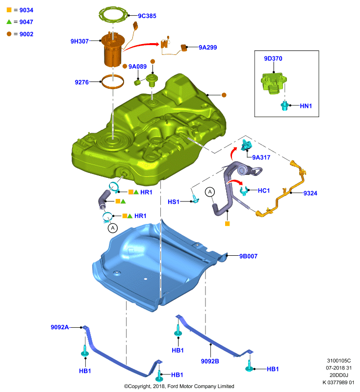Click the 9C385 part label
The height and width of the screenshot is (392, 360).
(x=147, y=16)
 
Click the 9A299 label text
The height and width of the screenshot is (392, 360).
(x=207, y=48)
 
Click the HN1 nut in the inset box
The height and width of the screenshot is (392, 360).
(x=284, y=106)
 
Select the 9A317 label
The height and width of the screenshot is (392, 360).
(x=261, y=157)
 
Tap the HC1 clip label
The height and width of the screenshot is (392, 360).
(x=264, y=191)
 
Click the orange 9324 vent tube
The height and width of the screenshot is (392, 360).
(x=291, y=192)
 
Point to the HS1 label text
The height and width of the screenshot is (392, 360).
(x=174, y=202)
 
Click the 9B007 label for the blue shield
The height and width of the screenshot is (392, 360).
(x=249, y=256)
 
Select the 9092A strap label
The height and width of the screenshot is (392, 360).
(x=60, y=327)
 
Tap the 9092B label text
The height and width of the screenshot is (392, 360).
(x=210, y=361)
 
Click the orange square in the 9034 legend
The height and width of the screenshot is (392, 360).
(x=9, y=10)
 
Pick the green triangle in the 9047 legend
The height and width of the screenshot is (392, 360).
(x=9, y=22)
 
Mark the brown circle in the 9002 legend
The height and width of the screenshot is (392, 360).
(x=9, y=34)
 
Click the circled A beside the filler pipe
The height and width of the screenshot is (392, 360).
(x=210, y=192)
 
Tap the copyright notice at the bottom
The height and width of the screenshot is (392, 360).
(x=179, y=386)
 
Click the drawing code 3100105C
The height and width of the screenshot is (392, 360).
(x=339, y=361)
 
